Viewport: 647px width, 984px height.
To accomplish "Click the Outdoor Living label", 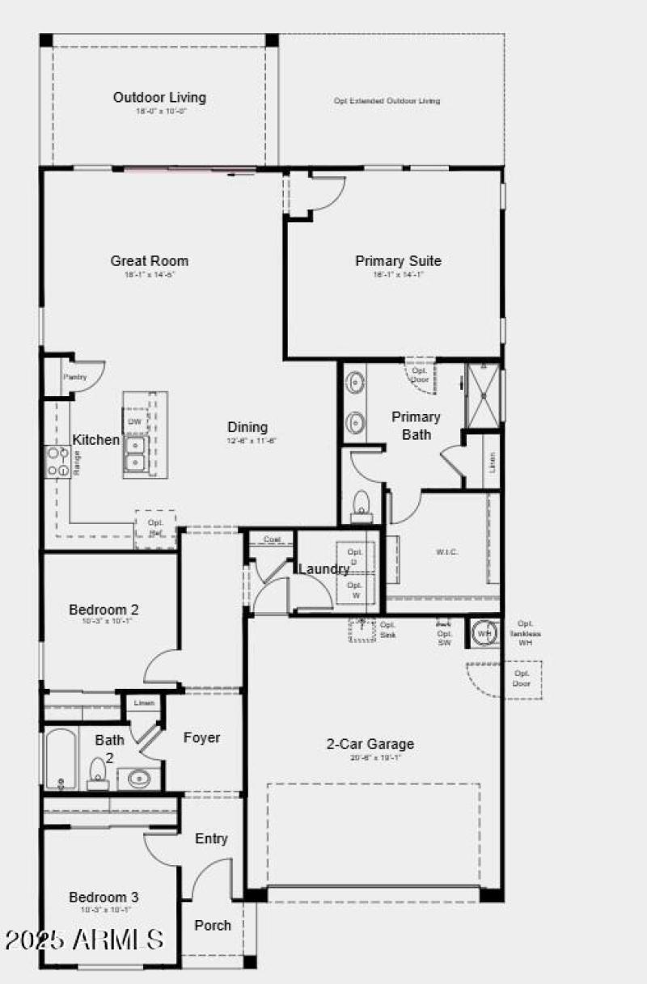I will tap(159, 98).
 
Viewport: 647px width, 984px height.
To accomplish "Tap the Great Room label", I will tap(150, 261).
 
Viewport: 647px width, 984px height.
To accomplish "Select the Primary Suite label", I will tap(398, 261).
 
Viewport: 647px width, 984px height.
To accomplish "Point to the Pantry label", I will tap(74, 377).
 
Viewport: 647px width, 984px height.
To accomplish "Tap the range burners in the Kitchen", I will tap(58, 462).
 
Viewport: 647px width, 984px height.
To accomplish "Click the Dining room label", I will tap(247, 427).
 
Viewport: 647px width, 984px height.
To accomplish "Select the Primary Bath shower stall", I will tap(483, 396).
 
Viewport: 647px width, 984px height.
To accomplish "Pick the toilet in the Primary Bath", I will tap(361, 504).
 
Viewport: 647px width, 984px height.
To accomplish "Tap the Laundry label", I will tap(323, 569).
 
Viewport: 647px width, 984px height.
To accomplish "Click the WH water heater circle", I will tap(484, 633).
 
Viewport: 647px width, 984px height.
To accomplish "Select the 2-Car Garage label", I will tap(370, 744).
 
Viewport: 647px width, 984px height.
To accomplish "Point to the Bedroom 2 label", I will tap(104, 610).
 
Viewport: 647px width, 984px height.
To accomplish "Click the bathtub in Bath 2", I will tap(61, 758).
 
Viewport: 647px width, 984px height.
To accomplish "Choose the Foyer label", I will tap(201, 737).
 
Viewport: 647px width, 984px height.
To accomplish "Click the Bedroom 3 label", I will tap(104, 897).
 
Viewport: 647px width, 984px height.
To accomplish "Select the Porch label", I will tap(213, 925).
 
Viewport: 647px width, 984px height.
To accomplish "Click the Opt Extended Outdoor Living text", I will tap(387, 101).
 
